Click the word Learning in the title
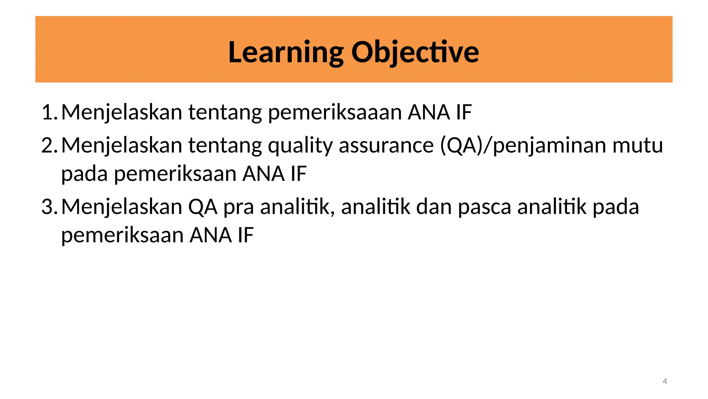coord(286,52)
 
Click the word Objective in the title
coord(415,52)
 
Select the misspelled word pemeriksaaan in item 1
coord(335,113)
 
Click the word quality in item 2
coord(300,145)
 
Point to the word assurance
coord(386,145)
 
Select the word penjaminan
coord(549,145)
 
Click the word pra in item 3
coord(239,207)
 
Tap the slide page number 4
coord(664,381)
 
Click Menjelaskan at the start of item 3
coord(122,207)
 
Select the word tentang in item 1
coord(225,113)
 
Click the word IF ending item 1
coord(464,112)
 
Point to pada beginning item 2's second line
coord(84,174)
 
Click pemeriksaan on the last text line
coord(122,236)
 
